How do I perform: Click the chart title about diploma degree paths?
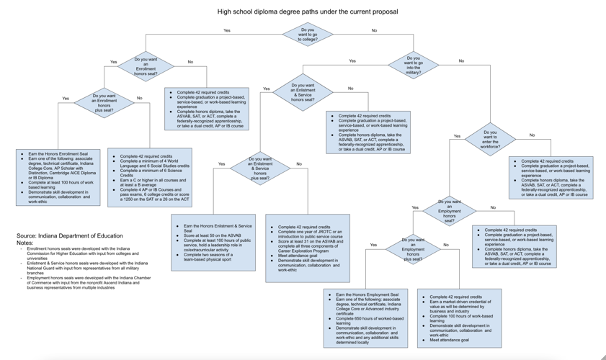(307, 12)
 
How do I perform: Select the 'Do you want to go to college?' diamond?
(307, 34)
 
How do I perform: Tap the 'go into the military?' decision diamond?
(413, 66)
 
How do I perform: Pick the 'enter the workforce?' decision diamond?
(490, 139)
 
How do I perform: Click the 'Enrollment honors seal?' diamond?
(146, 66)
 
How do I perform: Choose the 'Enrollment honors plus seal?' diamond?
(104, 102)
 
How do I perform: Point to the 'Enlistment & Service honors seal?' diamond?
(302, 92)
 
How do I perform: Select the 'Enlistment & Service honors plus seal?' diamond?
(260, 168)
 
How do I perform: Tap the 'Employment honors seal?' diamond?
(449, 211)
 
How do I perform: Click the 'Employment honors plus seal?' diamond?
(412, 249)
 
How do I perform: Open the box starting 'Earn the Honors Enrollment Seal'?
(58, 178)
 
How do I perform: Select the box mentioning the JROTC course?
(308, 248)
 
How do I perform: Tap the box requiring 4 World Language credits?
(149, 178)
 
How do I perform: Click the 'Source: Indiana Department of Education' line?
(70, 236)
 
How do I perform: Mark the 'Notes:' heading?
(25, 243)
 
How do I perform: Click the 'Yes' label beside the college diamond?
(227, 31)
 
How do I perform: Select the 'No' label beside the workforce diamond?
(532, 135)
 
